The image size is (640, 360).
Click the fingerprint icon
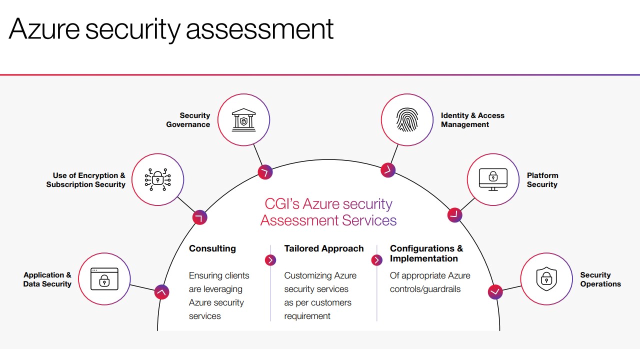coord(407,119)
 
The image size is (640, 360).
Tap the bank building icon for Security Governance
coord(243,119)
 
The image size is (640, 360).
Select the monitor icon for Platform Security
coord(493,179)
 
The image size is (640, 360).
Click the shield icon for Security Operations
coord(546,279)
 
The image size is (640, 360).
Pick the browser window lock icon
coord(104,279)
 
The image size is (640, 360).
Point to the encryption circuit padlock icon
coord(157,179)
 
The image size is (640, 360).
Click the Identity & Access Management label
coord(472,120)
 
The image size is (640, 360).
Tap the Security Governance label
coord(188,120)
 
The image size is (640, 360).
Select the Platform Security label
coord(542,180)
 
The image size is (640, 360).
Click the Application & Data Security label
coord(47,279)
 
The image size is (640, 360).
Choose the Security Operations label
coord(600,279)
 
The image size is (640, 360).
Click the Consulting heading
coord(212,248)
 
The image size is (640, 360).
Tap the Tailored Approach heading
coord(323,248)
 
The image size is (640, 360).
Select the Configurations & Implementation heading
coord(426,253)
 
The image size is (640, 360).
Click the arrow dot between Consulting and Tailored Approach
coord(270,260)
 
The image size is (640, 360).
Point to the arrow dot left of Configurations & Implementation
coord(376,260)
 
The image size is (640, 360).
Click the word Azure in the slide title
coord(44,29)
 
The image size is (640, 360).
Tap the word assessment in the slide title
coord(259,29)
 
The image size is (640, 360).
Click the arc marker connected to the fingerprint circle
coord(388,170)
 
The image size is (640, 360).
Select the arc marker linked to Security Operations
coord(495,292)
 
